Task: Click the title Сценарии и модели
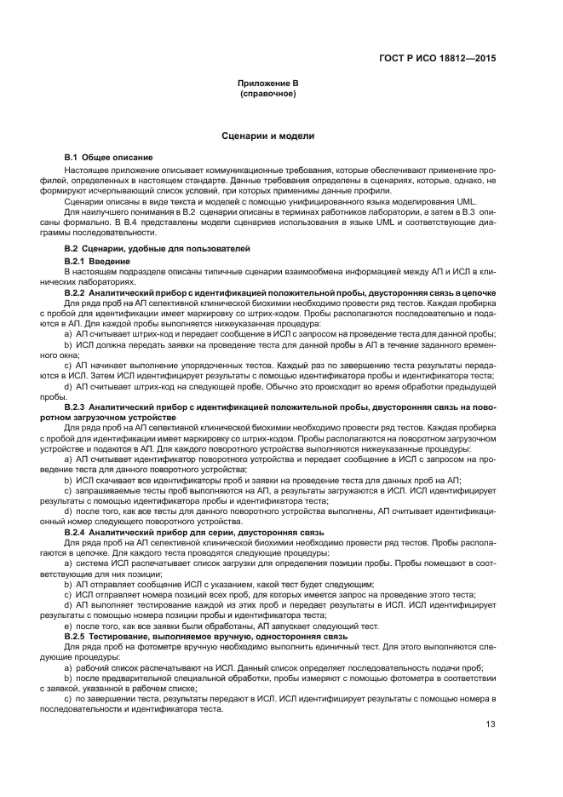coord(268,136)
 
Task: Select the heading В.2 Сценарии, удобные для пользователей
coord(158,248)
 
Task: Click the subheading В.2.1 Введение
coord(98,260)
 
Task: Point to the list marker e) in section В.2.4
coord(68,625)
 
